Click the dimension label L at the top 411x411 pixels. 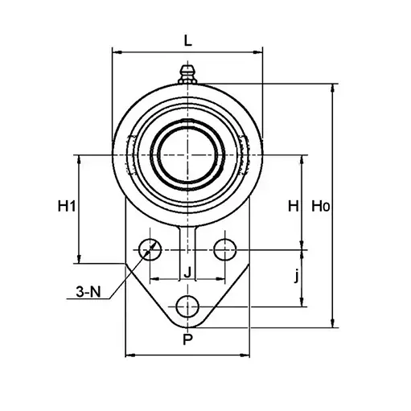point(188,40)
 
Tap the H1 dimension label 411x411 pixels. point(67,207)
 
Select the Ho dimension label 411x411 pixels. point(320,207)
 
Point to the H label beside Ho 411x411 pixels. point(294,207)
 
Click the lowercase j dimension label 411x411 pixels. point(296,276)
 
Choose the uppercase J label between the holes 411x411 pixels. point(187,273)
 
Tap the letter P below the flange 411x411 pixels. point(187,339)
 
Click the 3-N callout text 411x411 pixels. point(88,292)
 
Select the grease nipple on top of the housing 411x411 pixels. point(187,74)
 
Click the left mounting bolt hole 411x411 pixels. point(150,249)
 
